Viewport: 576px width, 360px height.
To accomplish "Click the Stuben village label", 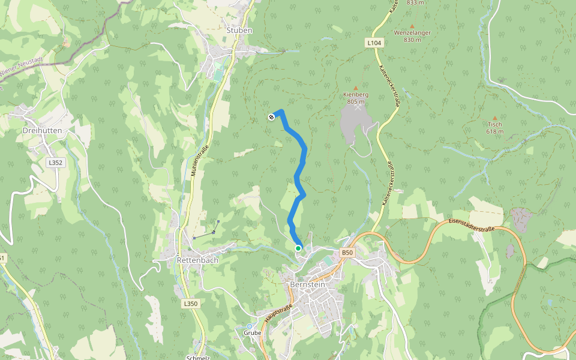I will point(239,30).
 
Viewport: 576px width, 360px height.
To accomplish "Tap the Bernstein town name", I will point(307,284).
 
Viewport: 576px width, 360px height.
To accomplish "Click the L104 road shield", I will point(374,43).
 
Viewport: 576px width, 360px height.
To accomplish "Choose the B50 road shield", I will point(347,253).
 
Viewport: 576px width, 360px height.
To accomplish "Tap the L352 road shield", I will point(55,163).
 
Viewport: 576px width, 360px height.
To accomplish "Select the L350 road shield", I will point(190,304).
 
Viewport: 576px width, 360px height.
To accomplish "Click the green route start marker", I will point(298,248).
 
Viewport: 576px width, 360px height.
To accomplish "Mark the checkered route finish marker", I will point(271,117).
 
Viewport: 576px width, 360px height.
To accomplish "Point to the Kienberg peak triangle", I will point(355,88).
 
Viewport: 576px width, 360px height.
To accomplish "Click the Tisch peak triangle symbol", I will point(494,118).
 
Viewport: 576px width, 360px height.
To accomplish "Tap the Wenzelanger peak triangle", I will point(412,26).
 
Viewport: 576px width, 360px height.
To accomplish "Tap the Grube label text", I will point(252,332).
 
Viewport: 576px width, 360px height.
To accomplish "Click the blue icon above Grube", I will point(250,326).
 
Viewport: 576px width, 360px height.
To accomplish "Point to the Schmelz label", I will point(197,358).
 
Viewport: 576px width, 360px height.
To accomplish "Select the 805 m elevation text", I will point(356,101).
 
